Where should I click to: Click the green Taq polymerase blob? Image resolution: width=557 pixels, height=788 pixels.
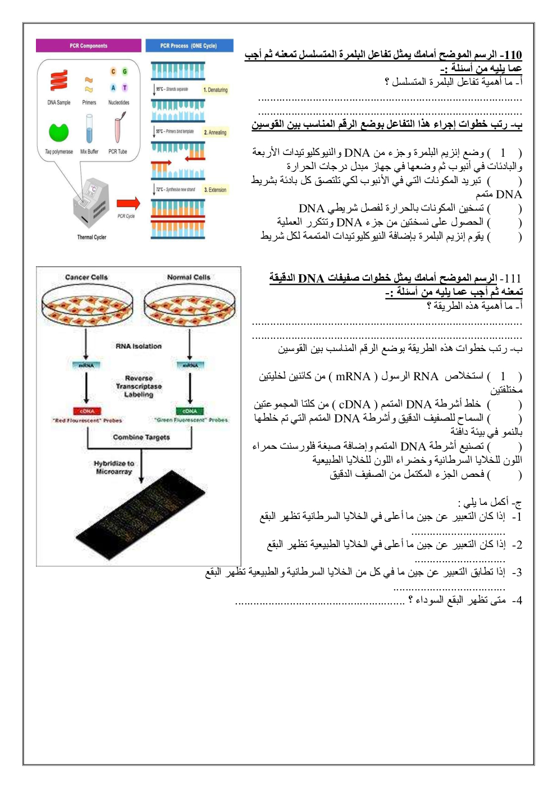click(x=58, y=133)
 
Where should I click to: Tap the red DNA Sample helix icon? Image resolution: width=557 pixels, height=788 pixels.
click(x=58, y=81)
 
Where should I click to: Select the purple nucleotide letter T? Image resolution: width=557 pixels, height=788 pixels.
click(x=125, y=88)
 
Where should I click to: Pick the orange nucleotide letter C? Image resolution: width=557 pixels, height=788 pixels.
click(x=113, y=71)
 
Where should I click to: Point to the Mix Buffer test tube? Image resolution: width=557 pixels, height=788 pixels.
click(x=89, y=129)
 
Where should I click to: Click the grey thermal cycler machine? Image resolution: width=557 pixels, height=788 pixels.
click(x=91, y=204)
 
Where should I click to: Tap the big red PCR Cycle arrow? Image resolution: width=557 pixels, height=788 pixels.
click(x=128, y=203)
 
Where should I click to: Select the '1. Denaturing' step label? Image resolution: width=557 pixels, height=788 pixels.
click(x=216, y=90)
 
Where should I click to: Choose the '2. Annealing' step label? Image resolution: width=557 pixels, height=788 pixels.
click(x=215, y=133)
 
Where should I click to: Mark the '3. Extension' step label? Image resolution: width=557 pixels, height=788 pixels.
click(x=215, y=190)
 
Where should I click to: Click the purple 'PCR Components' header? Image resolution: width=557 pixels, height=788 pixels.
click(x=88, y=45)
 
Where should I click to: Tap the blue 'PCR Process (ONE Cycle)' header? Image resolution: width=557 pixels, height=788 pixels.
click(x=189, y=45)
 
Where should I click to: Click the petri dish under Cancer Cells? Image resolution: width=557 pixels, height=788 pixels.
click(x=86, y=306)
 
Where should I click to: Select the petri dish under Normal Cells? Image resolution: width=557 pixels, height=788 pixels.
click(x=189, y=306)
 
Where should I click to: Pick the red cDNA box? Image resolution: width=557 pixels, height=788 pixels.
click(x=86, y=411)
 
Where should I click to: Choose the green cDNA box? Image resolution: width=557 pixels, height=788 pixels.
click(x=190, y=411)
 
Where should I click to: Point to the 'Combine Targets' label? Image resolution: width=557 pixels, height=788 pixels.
click(x=141, y=437)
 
